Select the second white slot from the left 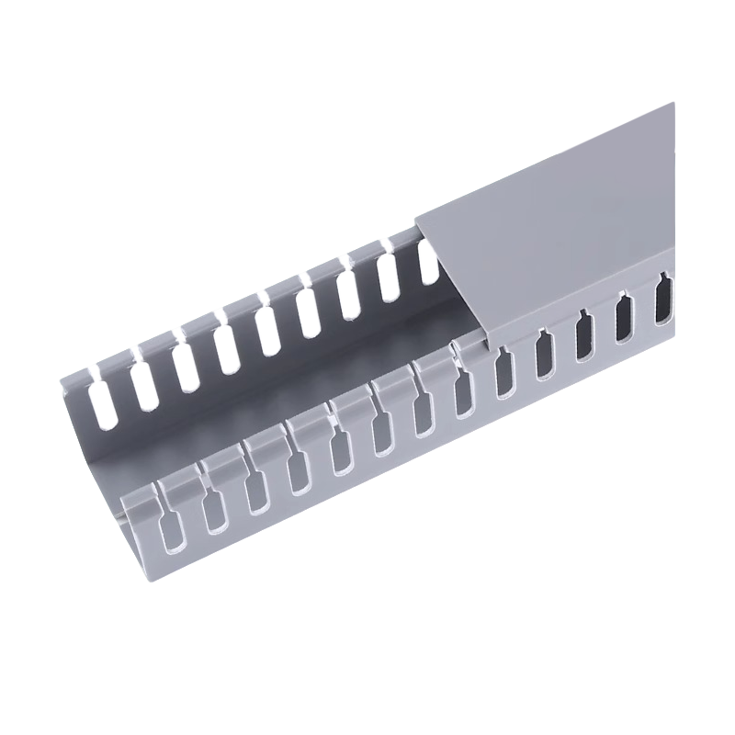[142, 386]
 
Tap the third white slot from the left [185, 365]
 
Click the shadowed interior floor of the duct [276, 404]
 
